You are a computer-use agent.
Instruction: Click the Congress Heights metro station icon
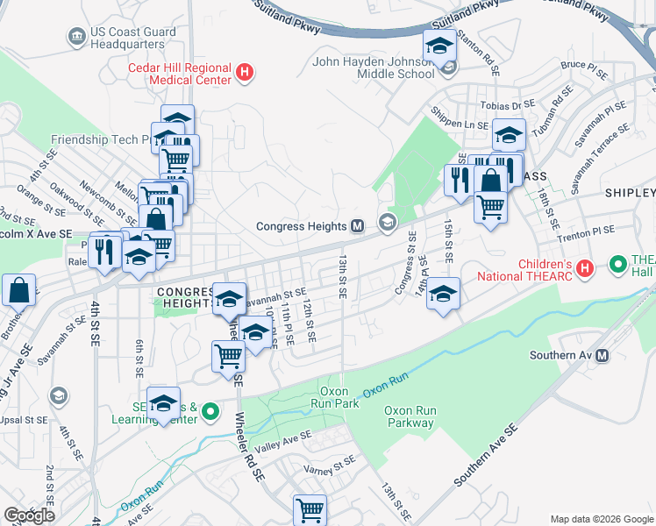[x=357, y=226]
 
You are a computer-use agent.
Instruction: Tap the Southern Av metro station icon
[x=602, y=355]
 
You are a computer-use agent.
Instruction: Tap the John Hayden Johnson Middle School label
[x=374, y=68]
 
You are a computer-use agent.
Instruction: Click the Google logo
[x=29, y=515]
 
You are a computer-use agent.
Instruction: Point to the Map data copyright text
[x=601, y=519]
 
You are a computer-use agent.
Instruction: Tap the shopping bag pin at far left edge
[x=18, y=290]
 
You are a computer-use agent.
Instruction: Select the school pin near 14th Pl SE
[x=444, y=294]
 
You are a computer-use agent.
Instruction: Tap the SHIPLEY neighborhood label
[x=629, y=193]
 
